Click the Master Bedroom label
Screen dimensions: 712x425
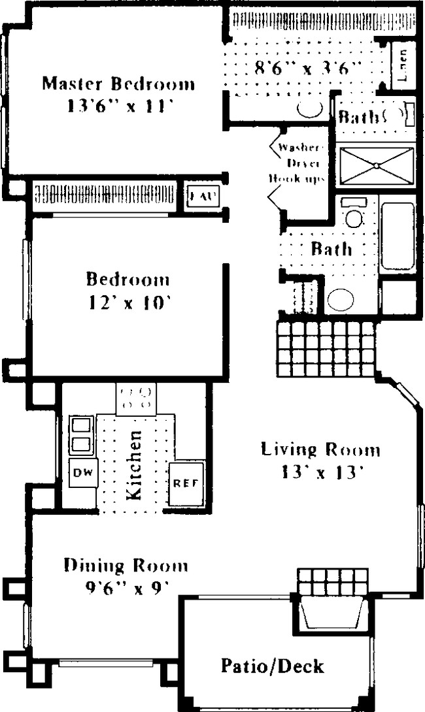(x=118, y=84)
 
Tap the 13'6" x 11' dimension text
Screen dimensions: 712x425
(x=118, y=106)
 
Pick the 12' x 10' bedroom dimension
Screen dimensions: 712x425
(x=127, y=302)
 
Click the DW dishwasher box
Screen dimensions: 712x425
(x=81, y=472)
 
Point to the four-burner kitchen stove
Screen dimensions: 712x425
(x=136, y=398)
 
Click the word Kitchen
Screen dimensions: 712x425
(x=134, y=465)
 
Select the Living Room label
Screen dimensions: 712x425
(x=320, y=449)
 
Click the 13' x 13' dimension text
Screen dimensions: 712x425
(x=320, y=471)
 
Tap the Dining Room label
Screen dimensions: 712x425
(x=126, y=566)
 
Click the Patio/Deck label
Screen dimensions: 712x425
(x=272, y=666)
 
